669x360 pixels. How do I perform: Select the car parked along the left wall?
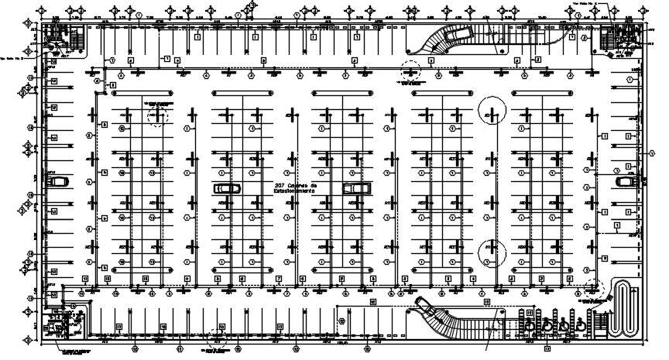(56, 181)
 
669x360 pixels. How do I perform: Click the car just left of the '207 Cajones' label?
(227, 188)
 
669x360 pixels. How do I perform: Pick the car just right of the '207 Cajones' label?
(357, 187)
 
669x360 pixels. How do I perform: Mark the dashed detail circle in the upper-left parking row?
(157, 116)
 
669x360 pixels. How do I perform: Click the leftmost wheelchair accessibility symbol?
(547, 326)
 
